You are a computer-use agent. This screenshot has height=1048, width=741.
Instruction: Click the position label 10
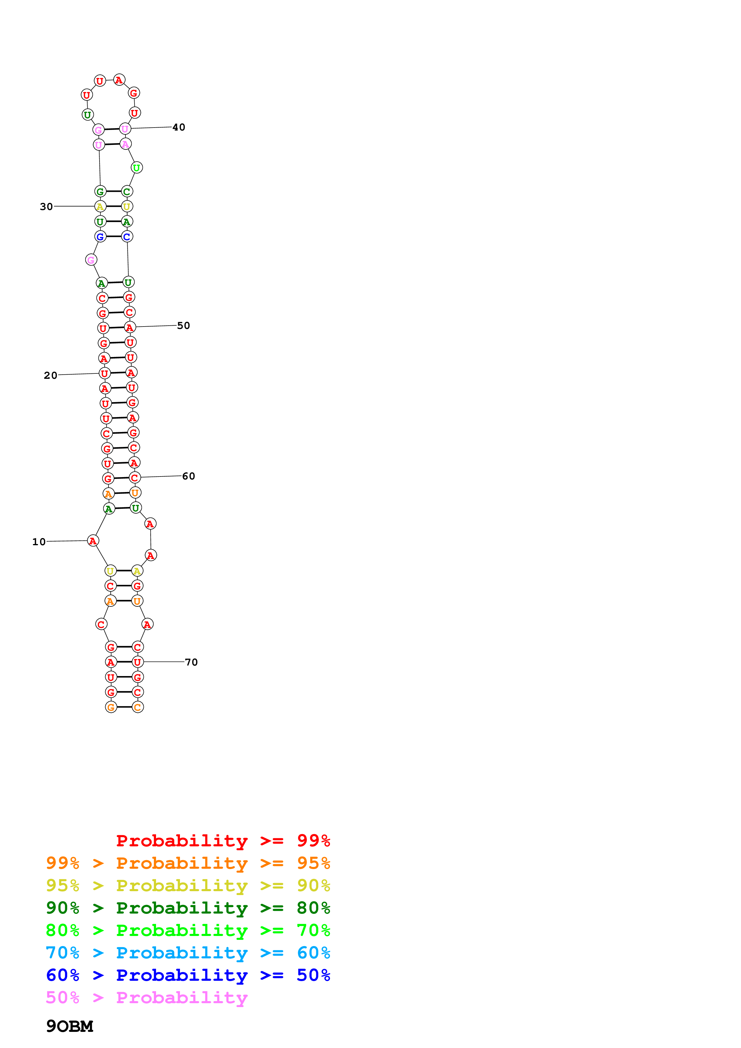(x=39, y=542)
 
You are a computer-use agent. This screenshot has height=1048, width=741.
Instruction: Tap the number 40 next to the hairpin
(x=178, y=127)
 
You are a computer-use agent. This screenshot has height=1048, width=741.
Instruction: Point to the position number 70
(x=191, y=662)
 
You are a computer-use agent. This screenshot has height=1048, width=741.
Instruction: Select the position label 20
(x=51, y=376)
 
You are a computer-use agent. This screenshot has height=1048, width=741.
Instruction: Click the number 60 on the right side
(x=189, y=476)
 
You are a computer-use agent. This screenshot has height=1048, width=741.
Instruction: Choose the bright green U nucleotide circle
(x=137, y=168)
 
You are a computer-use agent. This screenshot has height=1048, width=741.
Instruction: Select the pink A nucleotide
(x=126, y=144)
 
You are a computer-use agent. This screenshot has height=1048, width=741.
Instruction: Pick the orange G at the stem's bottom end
(x=111, y=707)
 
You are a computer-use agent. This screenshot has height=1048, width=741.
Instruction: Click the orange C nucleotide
(x=137, y=707)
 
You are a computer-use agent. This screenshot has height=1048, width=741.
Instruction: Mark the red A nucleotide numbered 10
(x=93, y=541)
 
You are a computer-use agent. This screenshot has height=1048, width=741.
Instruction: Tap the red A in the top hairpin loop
(x=119, y=80)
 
